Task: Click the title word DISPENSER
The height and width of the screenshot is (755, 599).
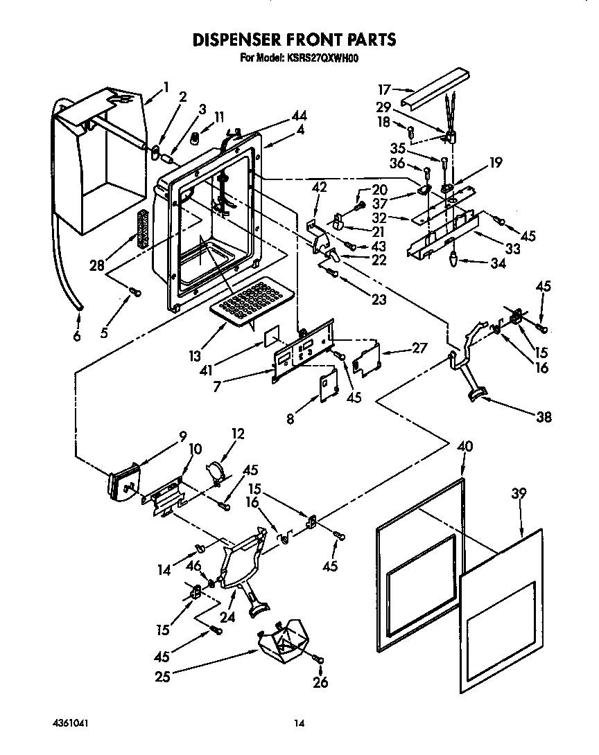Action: [243, 39]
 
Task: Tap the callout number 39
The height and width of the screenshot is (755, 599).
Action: [518, 494]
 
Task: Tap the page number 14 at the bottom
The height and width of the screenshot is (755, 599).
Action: [299, 724]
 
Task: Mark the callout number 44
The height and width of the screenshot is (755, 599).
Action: [299, 116]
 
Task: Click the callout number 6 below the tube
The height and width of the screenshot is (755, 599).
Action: [76, 337]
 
